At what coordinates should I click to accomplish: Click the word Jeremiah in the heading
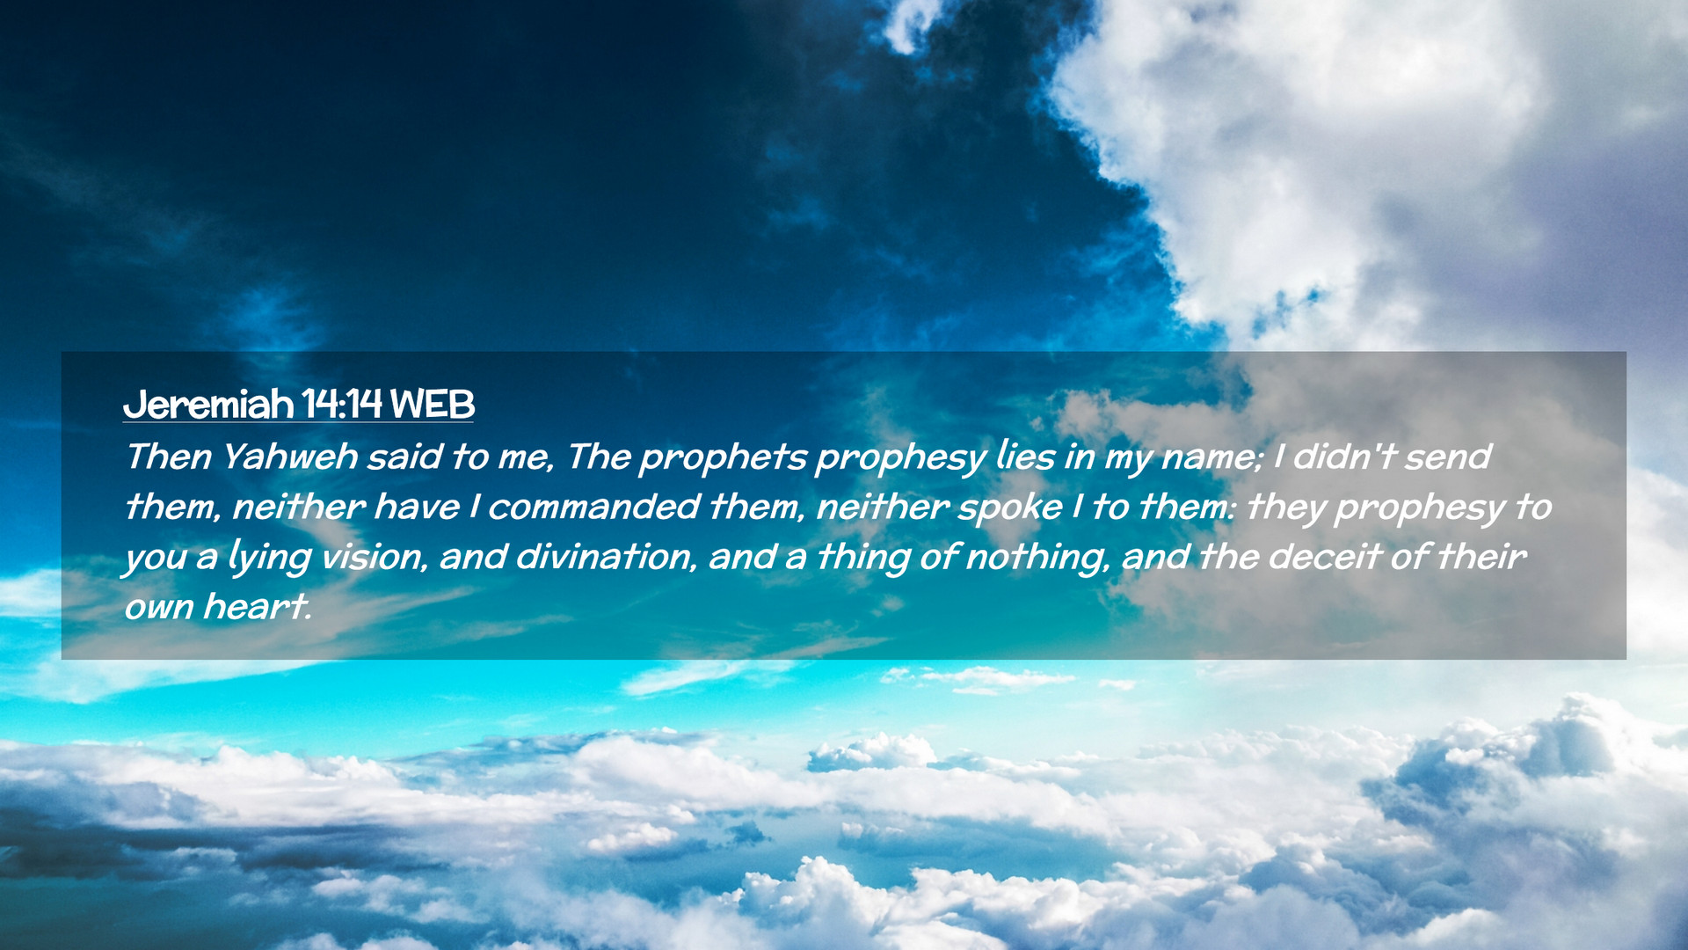208,405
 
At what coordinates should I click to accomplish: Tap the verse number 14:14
342,405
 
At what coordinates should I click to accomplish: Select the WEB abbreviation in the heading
433,405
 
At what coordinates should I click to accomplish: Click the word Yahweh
290,457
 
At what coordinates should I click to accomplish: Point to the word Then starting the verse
169,457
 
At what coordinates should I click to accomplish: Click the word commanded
593,507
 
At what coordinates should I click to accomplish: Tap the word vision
373,557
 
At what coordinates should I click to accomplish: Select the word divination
605,557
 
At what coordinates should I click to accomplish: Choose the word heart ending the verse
257,607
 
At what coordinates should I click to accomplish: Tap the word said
404,457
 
